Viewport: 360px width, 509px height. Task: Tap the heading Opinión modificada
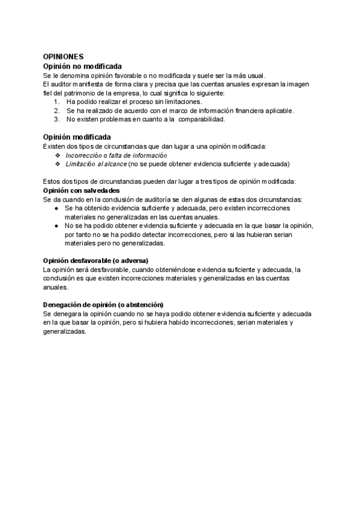tap(77, 137)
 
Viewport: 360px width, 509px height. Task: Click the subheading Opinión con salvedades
tap(82, 190)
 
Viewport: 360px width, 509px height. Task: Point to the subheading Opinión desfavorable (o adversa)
tap(95, 261)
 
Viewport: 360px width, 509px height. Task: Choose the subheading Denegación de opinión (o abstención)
tap(103, 305)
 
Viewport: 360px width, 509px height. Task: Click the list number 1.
tap(56, 102)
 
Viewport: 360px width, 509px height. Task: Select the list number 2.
tap(56, 110)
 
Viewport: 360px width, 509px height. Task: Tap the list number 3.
tap(56, 119)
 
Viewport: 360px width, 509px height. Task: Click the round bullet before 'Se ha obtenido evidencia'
tap(56, 208)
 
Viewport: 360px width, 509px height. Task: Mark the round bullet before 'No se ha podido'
tap(56, 226)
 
